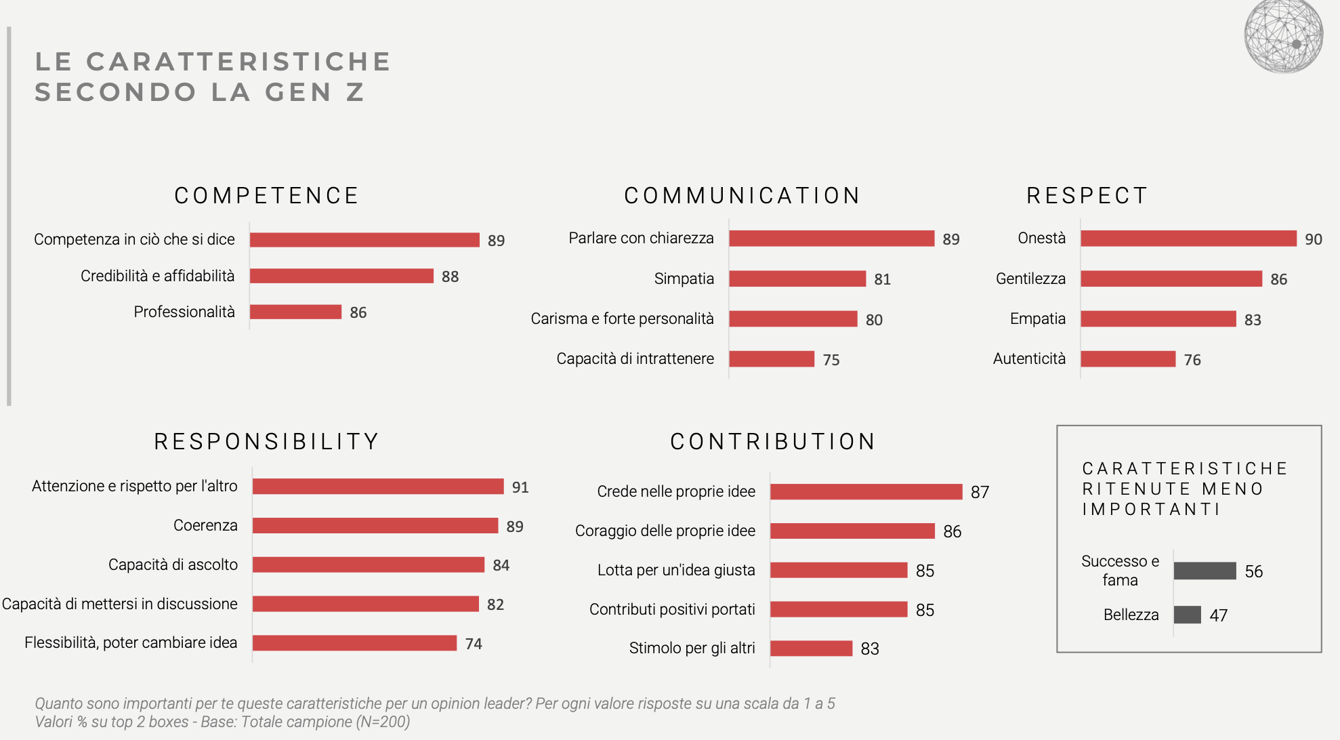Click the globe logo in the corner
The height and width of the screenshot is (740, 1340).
click(x=1283, y=37)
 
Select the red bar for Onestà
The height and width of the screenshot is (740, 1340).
click(x=1188, y=239)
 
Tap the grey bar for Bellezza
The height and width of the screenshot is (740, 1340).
click(x=1187, y=615)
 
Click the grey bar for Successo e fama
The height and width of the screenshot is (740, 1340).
click(x=1205, y=571)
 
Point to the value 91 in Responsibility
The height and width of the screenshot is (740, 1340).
click(x=520, y=487)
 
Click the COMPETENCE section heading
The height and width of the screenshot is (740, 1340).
click(x=267, y=196)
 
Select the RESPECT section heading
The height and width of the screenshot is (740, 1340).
click(x=1087, y=196)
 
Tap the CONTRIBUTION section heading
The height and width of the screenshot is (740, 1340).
click(x=773, y=442)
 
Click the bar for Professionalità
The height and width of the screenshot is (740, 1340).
click(x=295, y=312)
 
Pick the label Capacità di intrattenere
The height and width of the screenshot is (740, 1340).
click(x=635, y=358)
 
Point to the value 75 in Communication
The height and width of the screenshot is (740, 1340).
click(x=831, y=360)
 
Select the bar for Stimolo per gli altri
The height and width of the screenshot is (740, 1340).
click(x=811, y=649)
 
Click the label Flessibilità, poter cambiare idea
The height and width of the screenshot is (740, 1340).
click(x=131, y=642)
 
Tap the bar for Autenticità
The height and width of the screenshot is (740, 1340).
click(x=1128, y=359)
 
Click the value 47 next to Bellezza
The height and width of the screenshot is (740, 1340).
click(x=1218, y=615)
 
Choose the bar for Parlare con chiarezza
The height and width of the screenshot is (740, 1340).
click(x=831, y=239)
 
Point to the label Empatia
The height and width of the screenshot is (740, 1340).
click(x=1037, y=318)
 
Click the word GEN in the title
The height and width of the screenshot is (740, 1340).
click(x=298, y=92)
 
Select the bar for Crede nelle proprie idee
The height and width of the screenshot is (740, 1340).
click(x=866, y=491)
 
